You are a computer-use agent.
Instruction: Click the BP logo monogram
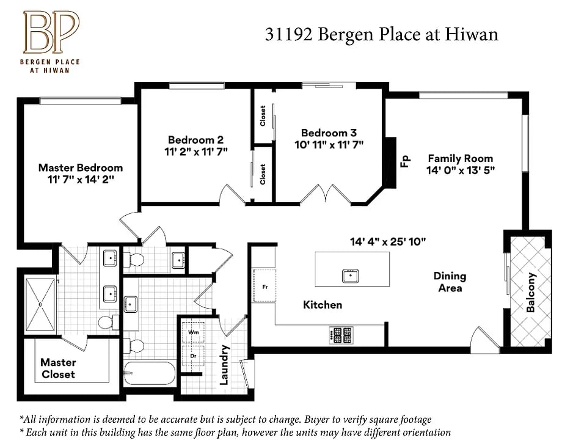tap(51, 32)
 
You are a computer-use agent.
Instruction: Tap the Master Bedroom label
tap(81, 168)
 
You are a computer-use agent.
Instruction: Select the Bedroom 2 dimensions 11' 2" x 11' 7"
tap(195, 152)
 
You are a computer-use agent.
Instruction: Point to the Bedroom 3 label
tap(329, 133)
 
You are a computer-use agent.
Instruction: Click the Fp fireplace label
tap(406, 161)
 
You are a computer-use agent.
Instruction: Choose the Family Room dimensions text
tap(460, 170)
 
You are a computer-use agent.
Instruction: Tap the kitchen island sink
tap(351, 276)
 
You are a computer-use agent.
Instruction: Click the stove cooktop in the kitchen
tap(341, 335)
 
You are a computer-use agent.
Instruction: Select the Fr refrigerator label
tap(265, 287)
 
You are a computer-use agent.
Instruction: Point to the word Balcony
tap(531, 292)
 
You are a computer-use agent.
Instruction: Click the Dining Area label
tap(450, 282)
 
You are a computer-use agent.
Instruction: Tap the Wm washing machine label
tap(193, 332)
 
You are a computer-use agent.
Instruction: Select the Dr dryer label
tap(193, 356)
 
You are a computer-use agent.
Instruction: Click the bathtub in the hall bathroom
tap(150, 373)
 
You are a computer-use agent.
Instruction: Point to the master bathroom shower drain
tap(40, 304)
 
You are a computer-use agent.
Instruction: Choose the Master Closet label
tap(58, 368)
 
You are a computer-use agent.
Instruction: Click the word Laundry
tap(224, 365)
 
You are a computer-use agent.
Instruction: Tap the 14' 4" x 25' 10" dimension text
tap(388, 242)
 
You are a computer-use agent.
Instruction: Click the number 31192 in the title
tap(288, 34)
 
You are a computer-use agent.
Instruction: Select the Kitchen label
tap(323, 305)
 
